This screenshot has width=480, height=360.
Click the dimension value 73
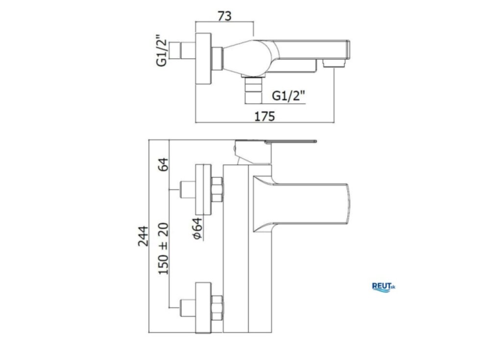(225, 16)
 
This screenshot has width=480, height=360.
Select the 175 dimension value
(265, 117)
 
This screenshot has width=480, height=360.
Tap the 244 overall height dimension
(143, 236)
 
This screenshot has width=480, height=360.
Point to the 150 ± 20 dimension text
(164, 248)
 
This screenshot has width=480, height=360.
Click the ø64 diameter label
(197, 228)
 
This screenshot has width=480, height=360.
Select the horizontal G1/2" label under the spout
(288, 96)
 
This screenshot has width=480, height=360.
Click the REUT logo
(384, 287)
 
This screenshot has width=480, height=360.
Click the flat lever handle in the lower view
(291, 142)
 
